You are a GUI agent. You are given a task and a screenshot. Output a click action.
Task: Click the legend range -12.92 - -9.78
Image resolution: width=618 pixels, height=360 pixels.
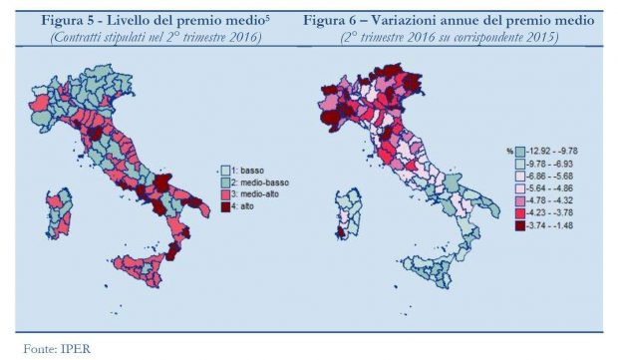[549, 151]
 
